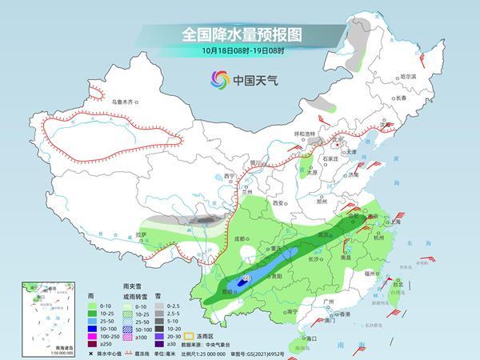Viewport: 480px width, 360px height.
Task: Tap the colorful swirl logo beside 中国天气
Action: [218, 79]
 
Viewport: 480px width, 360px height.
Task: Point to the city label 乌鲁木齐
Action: [126, 102]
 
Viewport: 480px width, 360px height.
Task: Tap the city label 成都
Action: [239, 238]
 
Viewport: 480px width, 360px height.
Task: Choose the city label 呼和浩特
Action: [306, 134]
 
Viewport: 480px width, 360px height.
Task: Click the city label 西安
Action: [278, 204]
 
